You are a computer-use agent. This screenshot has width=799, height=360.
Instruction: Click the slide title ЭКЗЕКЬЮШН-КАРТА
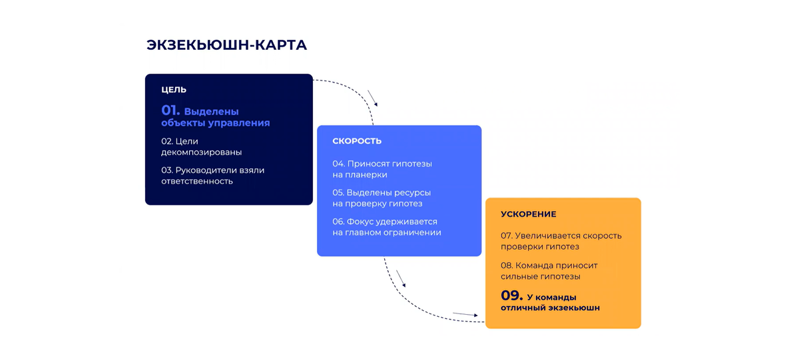click(226, 45)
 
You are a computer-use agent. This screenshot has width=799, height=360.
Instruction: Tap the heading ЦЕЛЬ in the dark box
click(174, 90)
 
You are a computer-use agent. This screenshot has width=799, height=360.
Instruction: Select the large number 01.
click(170, 110)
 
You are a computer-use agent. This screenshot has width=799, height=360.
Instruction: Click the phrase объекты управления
click(216, 123)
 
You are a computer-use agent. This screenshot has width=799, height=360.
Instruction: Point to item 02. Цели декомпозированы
click(201, 146)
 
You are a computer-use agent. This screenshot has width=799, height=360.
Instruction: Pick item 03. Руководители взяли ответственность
click(212, 176)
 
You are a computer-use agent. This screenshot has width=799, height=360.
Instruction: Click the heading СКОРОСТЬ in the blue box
click(357, 141)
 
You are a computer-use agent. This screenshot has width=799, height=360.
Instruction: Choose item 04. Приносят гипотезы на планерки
click(382, 169)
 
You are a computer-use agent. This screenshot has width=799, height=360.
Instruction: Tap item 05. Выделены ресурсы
click(382, 198)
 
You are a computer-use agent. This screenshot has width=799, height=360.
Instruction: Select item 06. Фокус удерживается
click(386, 227)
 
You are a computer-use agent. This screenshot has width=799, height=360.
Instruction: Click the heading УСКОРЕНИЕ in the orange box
click(529, 214)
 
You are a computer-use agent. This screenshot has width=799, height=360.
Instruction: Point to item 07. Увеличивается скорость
click(561, 241)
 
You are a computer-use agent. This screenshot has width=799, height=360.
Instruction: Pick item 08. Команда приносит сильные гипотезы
click(549, 270)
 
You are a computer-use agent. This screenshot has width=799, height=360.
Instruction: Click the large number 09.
click(511, 295)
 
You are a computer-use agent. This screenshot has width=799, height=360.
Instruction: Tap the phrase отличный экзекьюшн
click(550, 308)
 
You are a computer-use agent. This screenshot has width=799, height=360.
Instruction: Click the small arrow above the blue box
click(373, 98)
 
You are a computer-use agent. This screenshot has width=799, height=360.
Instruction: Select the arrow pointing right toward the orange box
click(465, 314)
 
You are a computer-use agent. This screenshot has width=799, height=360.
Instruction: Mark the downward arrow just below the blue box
click(400, 278)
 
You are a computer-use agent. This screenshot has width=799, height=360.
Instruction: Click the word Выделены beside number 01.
click(211, 112)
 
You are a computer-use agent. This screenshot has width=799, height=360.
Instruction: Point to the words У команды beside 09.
click(551, 297)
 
